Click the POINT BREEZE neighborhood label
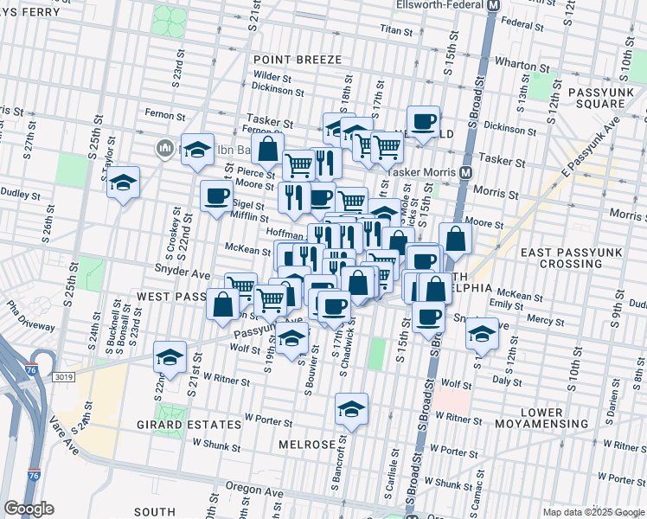point(298,60)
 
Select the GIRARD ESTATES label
point(189,425)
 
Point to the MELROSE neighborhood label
point(306,444)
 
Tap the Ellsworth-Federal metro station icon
point(493,5)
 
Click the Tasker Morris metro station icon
point(465,171)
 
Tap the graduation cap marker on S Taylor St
point(124,183)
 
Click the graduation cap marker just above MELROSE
point(351,409)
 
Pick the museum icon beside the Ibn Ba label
point(163,149)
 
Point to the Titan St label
point(398,29)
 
